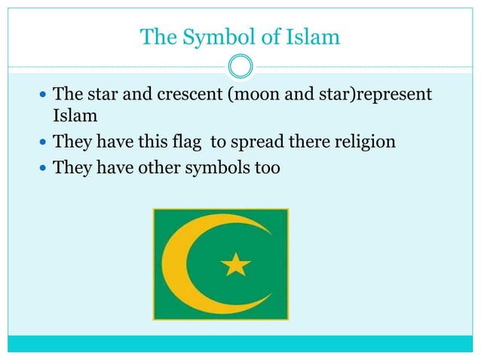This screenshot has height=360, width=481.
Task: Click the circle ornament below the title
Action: tap(240, 68)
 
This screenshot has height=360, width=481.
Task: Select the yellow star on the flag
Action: tap(236, 264)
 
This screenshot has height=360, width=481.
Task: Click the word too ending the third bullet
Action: tap(266, 166)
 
